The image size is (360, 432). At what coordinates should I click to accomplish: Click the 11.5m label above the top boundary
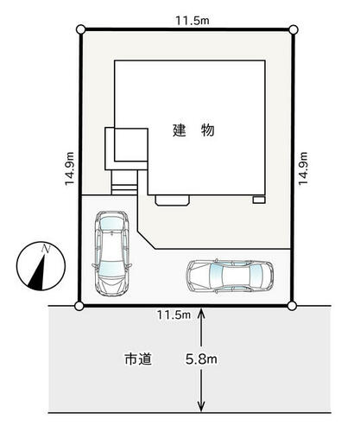tap(193, 21)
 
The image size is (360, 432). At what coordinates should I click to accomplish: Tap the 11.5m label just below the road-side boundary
tap(174, 314)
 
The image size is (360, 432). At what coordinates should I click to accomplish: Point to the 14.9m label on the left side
tap(70, 168)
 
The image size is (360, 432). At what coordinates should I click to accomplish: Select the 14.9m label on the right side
tap(303, 168)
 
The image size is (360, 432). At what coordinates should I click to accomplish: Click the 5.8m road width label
tap(201, 359)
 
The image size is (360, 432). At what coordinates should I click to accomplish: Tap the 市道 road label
tap(138, 359)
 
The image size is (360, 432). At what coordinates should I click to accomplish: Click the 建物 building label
tap(193, 130)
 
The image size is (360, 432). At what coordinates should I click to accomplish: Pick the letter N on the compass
tap(46, 249)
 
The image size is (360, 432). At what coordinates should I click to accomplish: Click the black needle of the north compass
tap(38, 272)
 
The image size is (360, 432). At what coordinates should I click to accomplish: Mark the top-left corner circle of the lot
tap(81, 29)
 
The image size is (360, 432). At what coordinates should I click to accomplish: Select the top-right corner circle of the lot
tap(294, 29)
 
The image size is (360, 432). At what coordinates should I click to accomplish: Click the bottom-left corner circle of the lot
tap(79, 306)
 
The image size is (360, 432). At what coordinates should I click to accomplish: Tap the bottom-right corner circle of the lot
tap(292, 306)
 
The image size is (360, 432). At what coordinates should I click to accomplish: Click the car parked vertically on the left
tap(112, 253)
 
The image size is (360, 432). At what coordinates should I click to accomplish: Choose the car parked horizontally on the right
tap(230, 276)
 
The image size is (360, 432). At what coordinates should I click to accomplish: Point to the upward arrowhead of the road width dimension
tap(201, 313)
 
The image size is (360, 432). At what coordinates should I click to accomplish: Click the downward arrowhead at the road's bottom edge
tap(201, 407)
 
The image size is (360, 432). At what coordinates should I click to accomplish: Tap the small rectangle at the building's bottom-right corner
tap(259, 200)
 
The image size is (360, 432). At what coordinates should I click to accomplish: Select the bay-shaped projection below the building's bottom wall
tap(172, 200)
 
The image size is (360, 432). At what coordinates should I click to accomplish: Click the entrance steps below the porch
tap(124, 182)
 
